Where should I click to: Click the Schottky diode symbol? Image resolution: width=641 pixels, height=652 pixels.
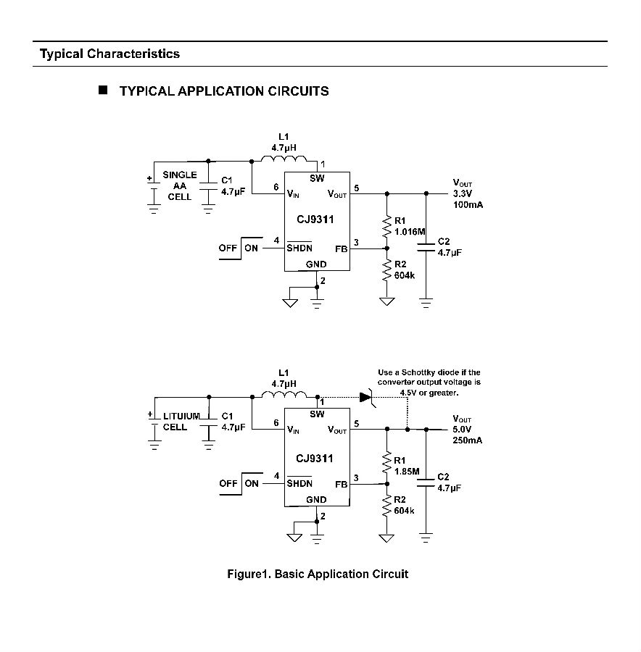click(367, 398)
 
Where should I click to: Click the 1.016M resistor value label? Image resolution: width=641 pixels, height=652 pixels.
click(410, 232)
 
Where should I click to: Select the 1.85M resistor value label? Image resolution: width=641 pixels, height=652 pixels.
click(407, 471)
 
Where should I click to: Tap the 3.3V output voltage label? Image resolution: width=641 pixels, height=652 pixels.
click(463, 193)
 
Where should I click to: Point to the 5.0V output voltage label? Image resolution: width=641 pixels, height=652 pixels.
click(462, 429)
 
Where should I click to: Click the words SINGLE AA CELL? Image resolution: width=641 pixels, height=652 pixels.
click(180, 185)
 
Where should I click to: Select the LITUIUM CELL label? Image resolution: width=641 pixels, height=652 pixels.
click(181, 421)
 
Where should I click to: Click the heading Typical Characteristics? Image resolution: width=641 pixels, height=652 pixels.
click(110, 54)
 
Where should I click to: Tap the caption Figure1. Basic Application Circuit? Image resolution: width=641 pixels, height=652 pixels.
click(318, 574)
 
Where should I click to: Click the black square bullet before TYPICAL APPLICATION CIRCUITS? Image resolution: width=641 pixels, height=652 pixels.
click(103, 90)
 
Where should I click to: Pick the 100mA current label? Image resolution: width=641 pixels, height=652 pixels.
click(468, 204)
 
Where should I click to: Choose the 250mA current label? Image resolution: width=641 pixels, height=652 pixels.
click(468, 440)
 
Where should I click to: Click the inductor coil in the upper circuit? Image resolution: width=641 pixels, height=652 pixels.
click(284, 159)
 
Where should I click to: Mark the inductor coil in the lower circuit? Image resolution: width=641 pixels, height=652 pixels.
click(284, 394)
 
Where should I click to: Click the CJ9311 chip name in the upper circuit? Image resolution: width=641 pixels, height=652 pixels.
click(315, 219)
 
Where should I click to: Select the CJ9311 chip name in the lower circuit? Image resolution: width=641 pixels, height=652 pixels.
click(314, 459)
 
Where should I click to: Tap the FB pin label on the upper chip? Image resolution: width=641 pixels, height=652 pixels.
click(342, 248)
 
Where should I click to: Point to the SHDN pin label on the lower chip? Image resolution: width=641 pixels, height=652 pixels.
click(299, 483)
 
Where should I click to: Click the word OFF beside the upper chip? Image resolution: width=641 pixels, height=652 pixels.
click(228, 248)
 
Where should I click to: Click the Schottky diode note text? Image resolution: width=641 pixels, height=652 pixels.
click(429, 382)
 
